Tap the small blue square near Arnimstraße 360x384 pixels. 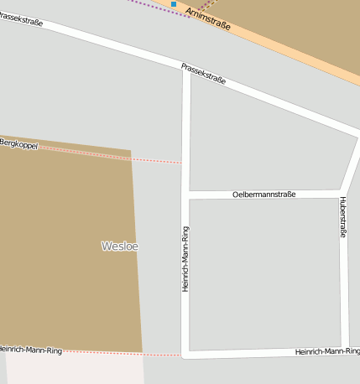[x=174, y=4]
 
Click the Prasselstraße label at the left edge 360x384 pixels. [x=22, y=18]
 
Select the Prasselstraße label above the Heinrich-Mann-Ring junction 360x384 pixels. [x=203, y=73]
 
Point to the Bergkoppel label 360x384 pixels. [x=19, y=143]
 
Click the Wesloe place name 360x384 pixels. [x=119, y=246]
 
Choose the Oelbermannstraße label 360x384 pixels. [x=263, y=195]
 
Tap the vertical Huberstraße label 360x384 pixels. [x=342, y=217]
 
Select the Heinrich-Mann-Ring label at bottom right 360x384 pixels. [x=326, y=351]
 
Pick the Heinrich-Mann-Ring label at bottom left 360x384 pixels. [x=31, y=349]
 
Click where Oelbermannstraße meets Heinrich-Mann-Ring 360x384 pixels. [x=185, y=195]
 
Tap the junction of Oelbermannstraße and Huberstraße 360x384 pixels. [x=342, y=193]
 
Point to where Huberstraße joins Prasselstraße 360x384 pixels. [x=357, y=134]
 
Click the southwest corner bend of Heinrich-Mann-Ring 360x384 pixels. [x=185, y=355]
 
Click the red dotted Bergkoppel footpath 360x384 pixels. [x=109, y=154]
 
